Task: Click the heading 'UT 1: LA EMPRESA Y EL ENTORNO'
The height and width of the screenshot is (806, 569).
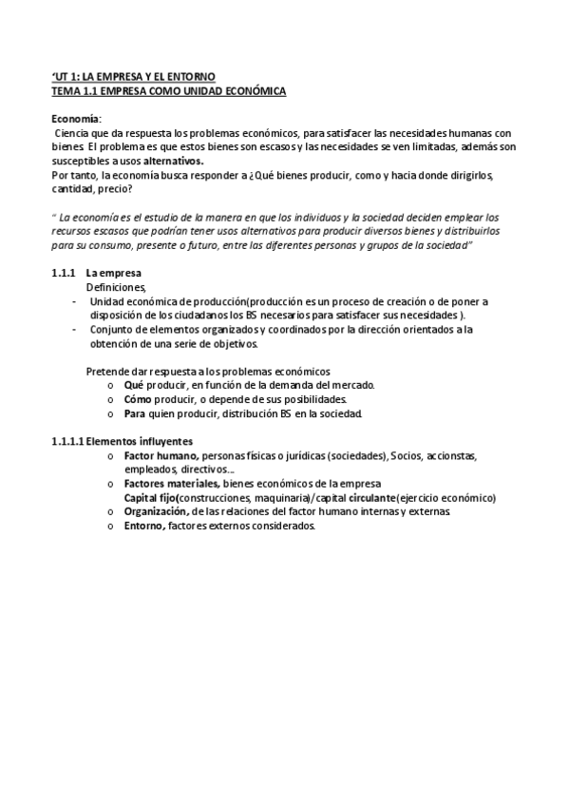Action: [133, 75]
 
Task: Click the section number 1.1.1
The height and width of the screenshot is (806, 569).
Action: [63, 273]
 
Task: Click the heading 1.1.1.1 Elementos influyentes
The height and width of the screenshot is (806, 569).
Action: [122, 441]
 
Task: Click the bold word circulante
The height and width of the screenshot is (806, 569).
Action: [372, 497]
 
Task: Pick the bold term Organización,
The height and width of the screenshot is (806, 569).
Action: [161, 511]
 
